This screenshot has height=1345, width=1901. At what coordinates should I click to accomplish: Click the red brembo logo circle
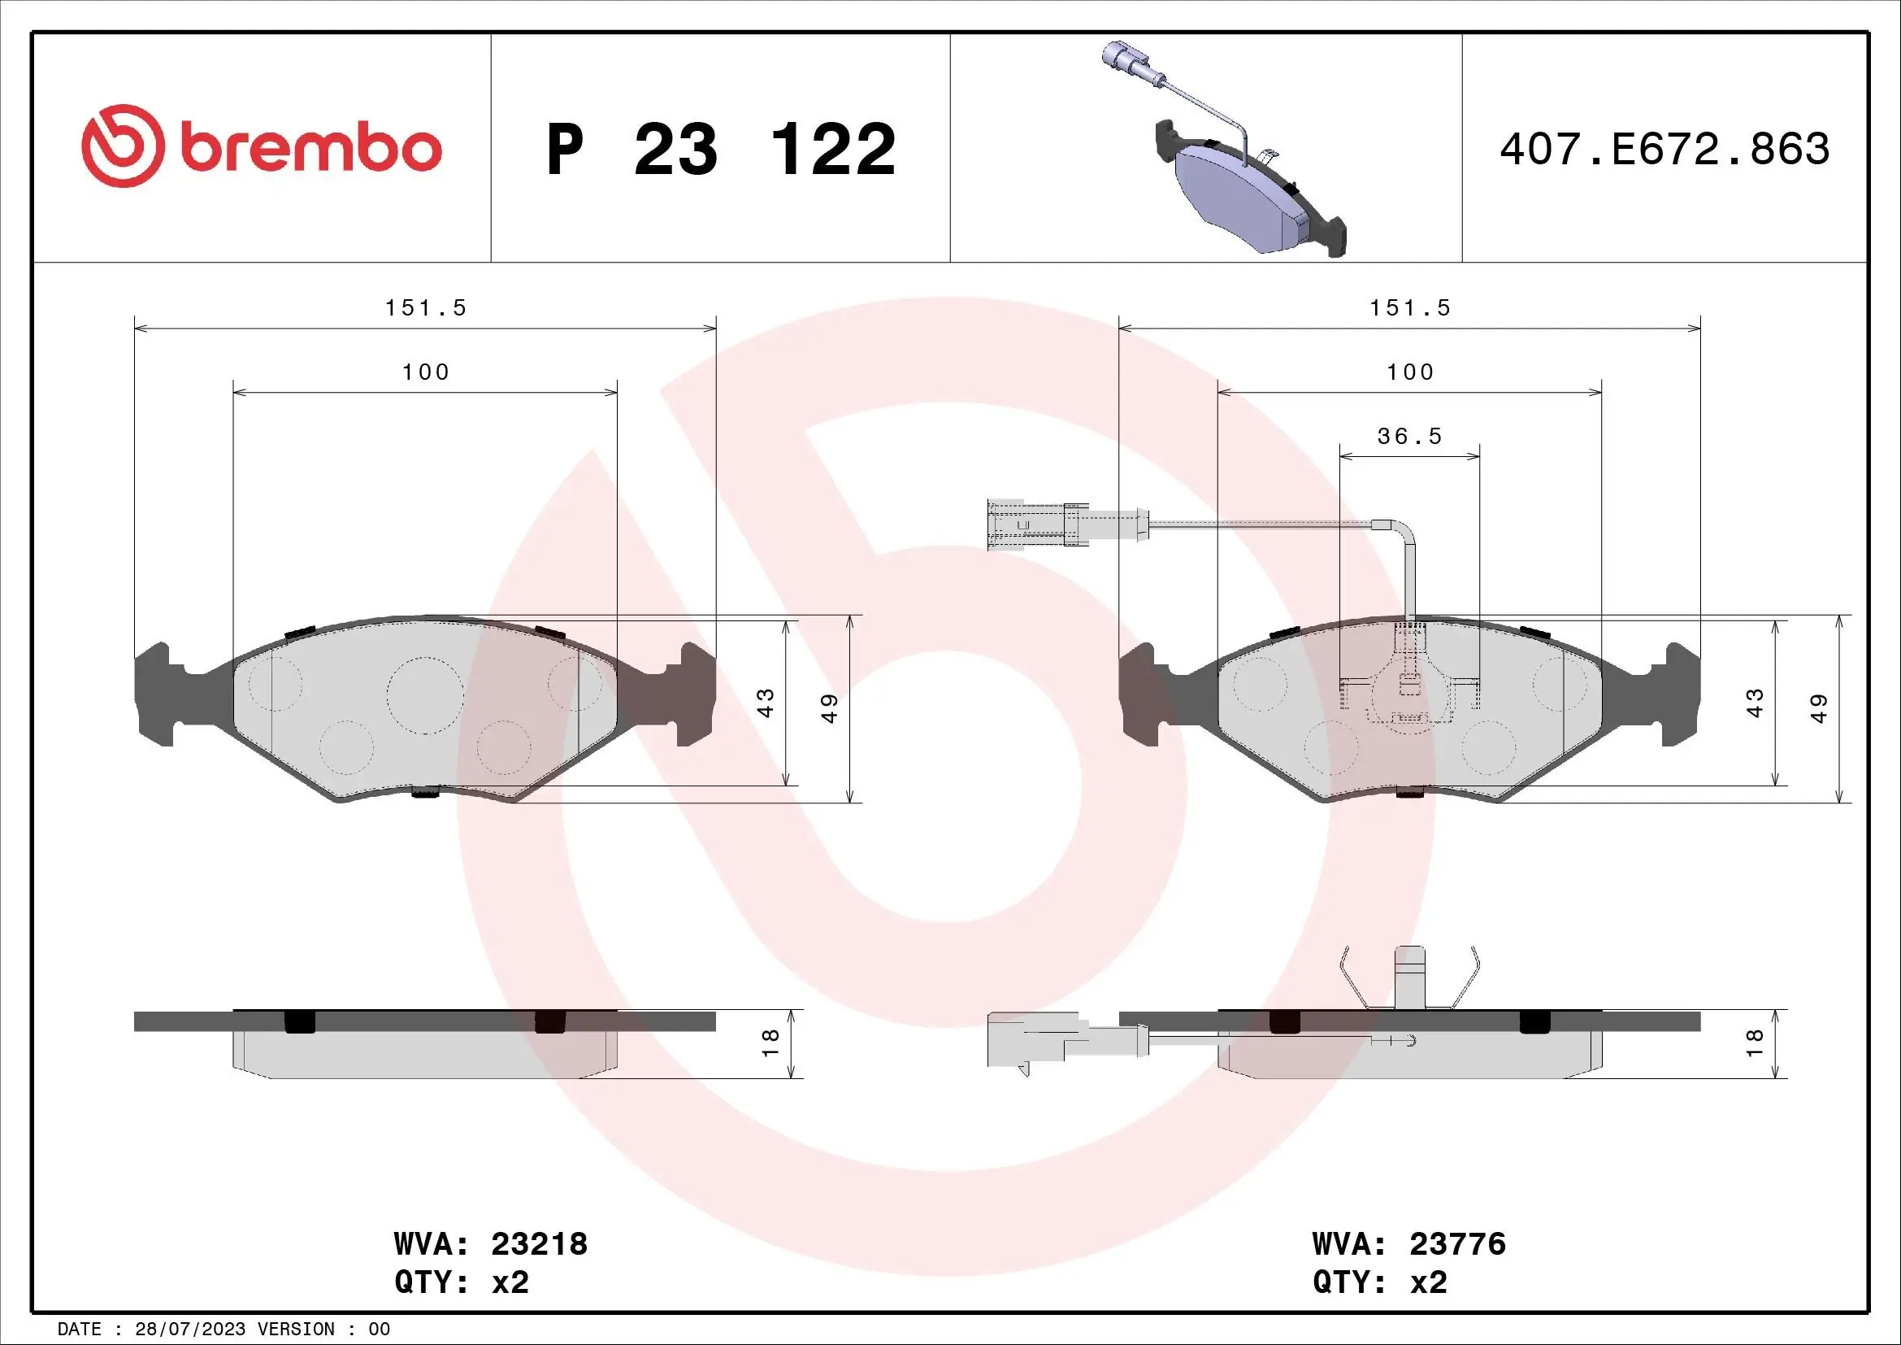tap(119, 146)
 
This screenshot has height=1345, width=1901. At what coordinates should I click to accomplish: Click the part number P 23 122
tap(720, 149)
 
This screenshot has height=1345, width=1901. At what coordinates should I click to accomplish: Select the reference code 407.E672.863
tap(1664, 149)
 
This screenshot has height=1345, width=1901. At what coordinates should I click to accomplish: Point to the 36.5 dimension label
tap(1409, 436)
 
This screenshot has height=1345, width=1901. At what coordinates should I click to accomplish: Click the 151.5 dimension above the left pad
tap(426, 308)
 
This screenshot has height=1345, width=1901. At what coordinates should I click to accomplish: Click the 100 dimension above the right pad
tap(1409, 372)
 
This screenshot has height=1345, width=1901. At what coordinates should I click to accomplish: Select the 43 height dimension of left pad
tap(766, 703)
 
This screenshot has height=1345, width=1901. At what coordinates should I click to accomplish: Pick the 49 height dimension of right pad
tap(1819, 708)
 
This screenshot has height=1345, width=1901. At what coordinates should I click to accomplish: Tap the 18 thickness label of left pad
tap(770, 1042)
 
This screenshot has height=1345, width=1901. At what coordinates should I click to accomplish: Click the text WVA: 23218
tap(490, 1244)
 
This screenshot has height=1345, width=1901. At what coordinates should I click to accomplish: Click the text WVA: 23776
tap(1408, 1244)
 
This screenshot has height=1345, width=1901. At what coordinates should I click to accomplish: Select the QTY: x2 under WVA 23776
tap(1379, 1282)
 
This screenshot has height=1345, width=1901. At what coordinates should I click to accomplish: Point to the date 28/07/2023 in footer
tap(189, 1330)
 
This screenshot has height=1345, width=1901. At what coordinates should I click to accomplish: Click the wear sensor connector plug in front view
tap(1026, 525)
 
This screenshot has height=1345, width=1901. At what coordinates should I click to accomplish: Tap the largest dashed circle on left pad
tap(425, 694)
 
